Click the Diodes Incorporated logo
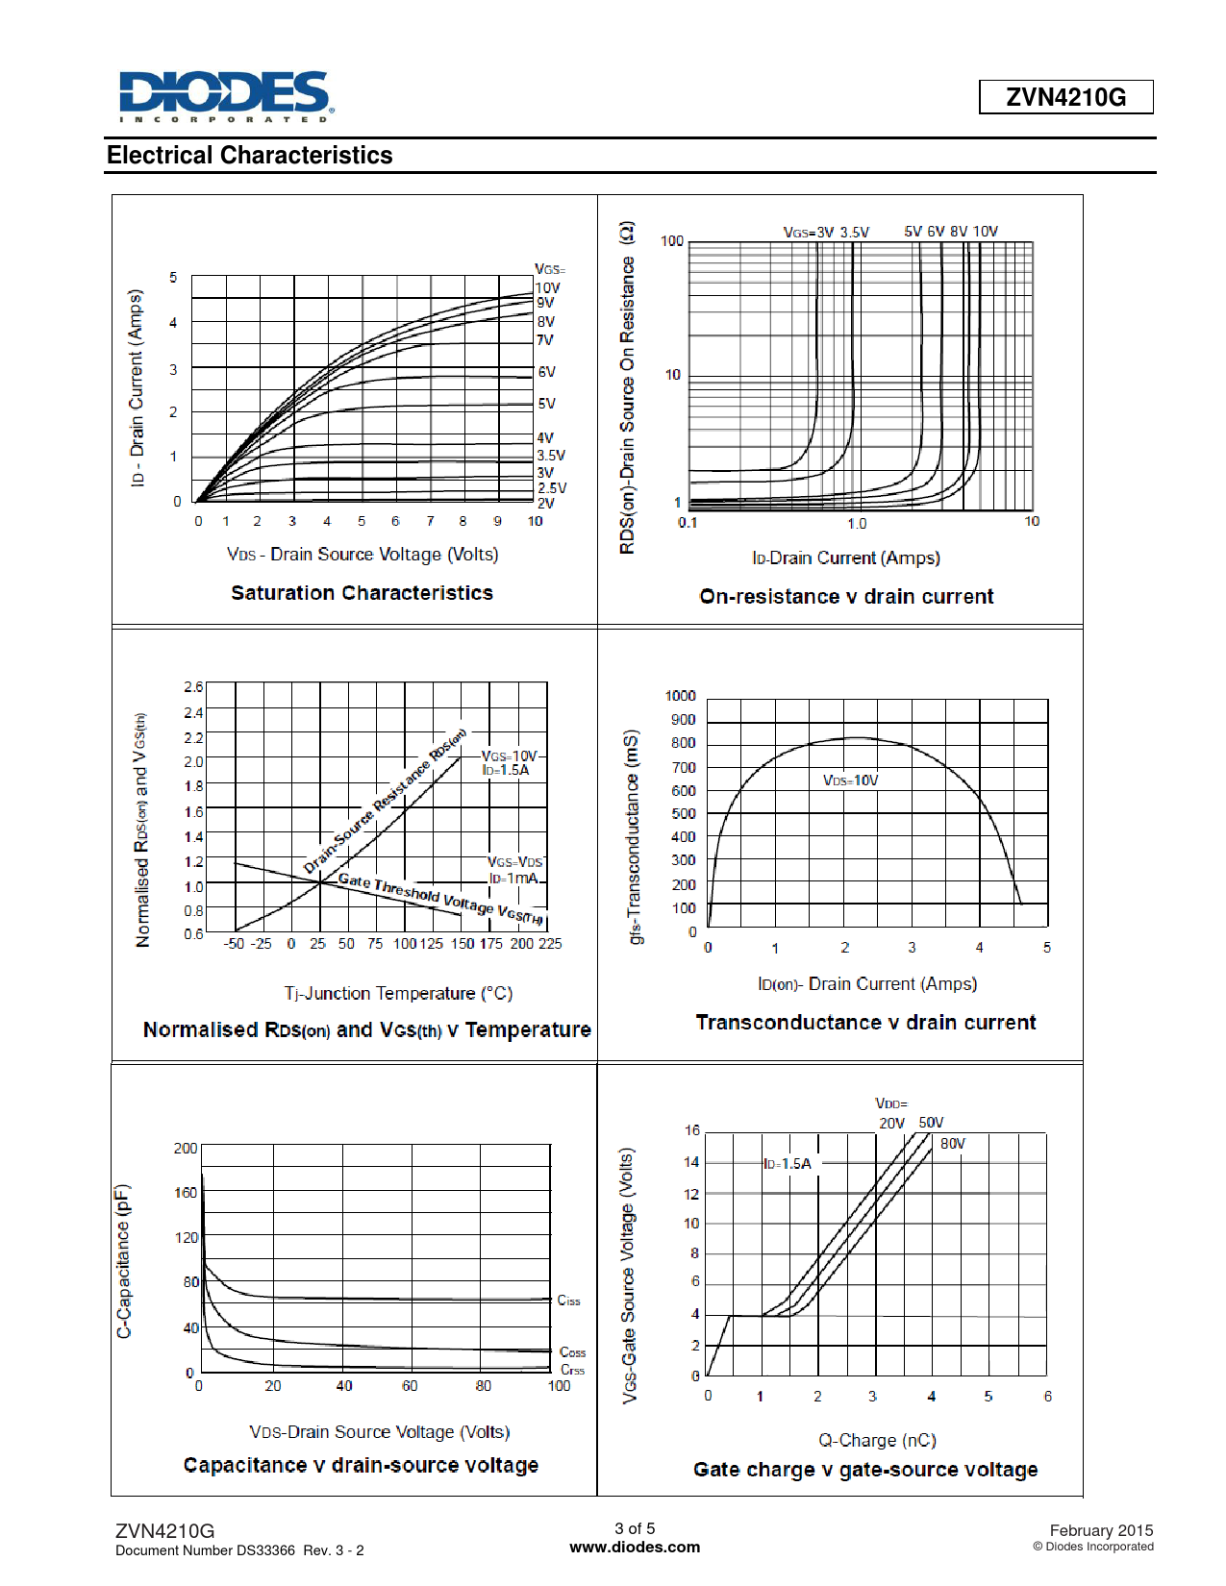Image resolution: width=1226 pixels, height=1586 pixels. click(226, 96)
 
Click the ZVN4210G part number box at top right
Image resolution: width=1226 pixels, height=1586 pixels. click(1065, 97)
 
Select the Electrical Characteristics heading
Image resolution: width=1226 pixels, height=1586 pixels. click(250, 156)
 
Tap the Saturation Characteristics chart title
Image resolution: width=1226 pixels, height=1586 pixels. click(362, 593)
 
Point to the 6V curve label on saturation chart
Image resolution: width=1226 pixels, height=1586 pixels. click(546, 372)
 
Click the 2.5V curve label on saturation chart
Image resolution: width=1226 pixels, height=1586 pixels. click(552, 488)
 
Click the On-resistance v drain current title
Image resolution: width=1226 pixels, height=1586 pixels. click(846, 597)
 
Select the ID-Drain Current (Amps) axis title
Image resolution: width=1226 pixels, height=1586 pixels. click(846, 558)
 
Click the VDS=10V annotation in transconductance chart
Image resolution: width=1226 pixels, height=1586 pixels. click(850, 781)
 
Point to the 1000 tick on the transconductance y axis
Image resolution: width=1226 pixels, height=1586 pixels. click(680, 696)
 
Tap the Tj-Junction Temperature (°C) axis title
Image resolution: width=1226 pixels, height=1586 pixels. click(398, 994)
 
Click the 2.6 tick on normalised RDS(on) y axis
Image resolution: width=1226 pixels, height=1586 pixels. click(193, 687)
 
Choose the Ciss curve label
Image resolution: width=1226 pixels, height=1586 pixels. click(568, 1301)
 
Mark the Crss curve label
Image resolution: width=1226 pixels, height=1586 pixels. click(572, 1370)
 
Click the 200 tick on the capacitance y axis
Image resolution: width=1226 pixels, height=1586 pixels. click(185, 1149)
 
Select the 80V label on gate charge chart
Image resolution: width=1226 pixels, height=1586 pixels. click(953, 1144)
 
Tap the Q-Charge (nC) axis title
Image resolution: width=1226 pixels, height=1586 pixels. click(877, 1441)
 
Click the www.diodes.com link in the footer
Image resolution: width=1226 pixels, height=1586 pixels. click(635, 1548)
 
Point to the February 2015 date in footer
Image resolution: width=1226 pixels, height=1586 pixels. click(1101, 1530)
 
